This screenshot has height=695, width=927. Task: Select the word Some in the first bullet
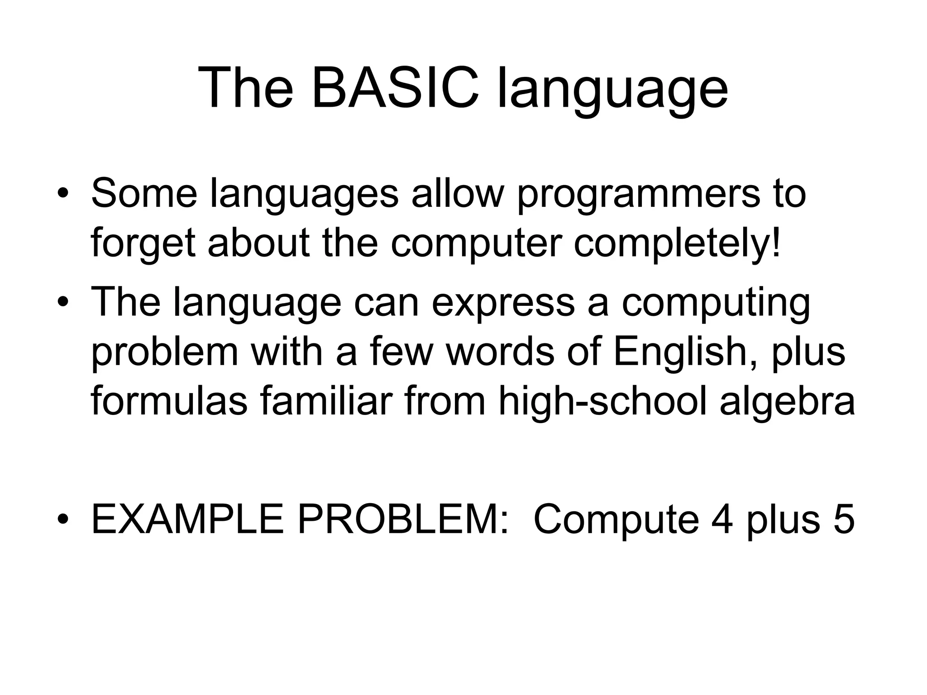coord(144,194)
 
